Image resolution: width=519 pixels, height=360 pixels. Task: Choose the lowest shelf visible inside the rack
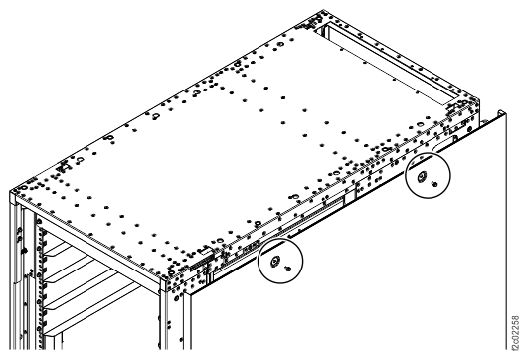coord(75,328)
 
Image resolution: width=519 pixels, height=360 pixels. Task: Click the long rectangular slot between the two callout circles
coord(318,212)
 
